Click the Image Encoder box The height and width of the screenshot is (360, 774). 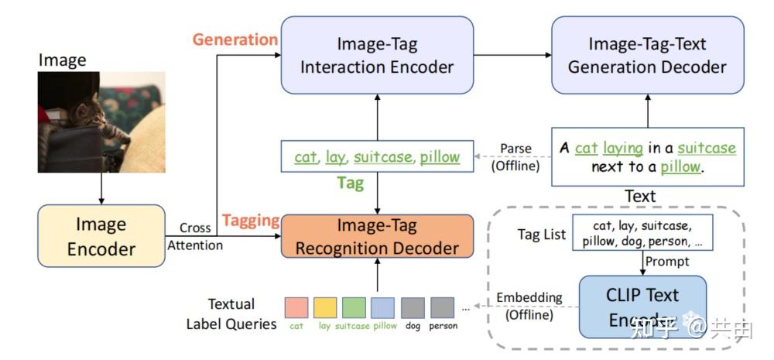(101, 236)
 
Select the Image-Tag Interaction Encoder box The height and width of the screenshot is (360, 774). (376, 55)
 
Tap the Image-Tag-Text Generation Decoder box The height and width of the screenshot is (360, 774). (647, 55)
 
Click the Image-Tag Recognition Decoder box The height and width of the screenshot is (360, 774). (376, 237)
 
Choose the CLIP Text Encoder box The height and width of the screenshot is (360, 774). (642, 307)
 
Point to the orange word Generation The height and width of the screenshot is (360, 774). (235, 39)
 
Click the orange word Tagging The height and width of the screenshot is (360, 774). (250, 220)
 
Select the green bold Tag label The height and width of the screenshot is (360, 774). (350, 183)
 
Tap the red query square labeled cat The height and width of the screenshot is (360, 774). (296, 308)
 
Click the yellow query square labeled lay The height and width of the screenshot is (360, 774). (325, 308)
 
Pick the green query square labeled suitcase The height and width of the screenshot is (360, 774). (354, 308)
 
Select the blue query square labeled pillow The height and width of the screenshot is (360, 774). (383, 308)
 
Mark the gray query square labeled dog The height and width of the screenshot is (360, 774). (413, 308)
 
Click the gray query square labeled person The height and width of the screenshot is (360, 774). (442, 308)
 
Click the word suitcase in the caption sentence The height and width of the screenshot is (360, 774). (706, 148)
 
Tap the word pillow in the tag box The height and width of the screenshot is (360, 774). (440, 157)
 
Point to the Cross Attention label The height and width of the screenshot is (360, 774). (195, 236)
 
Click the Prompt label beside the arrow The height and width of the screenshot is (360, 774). (667, 261)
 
